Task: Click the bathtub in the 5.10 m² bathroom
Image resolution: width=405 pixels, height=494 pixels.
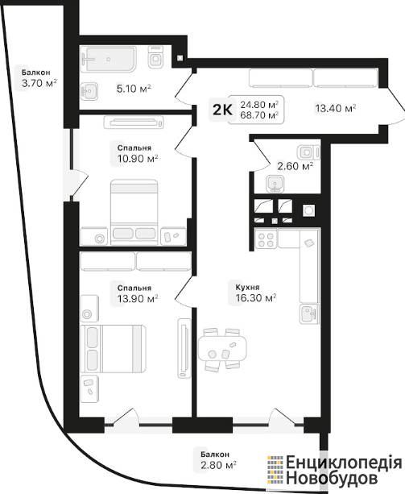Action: [109, 59]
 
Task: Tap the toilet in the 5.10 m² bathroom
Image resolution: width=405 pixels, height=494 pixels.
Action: [155, 57]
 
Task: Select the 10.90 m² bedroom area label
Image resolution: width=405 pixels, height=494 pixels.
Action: [138, 153]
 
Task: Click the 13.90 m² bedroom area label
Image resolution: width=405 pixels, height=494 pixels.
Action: [138, 293]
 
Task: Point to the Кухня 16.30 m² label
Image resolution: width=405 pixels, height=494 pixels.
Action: [256, 293]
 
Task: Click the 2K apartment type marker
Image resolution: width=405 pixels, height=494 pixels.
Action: [222, 110]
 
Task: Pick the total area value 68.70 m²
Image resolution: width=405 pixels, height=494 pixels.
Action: [259, 115]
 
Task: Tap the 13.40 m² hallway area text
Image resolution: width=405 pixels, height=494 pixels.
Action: [336, 108]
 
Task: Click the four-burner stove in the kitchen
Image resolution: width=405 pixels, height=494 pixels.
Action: [266, 239]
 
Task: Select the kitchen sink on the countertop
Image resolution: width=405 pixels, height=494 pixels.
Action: [309, 313]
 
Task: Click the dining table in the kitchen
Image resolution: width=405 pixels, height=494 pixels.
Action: [222, 349]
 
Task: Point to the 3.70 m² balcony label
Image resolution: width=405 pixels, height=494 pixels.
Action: [39, 79]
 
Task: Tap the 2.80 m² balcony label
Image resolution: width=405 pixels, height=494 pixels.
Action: [218, 459]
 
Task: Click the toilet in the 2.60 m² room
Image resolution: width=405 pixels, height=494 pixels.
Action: [308, 153]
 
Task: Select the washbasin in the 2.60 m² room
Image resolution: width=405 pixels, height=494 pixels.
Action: [275, 184]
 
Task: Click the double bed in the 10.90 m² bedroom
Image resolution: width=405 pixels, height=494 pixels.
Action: [134, 212]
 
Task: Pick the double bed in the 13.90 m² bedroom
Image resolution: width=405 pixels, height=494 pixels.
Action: [114, 349]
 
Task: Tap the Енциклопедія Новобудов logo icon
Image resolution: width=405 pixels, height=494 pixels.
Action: [275, 470]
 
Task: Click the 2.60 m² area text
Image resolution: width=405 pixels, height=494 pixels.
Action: [295, 166]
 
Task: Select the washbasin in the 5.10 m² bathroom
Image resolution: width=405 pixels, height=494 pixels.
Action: [89, 91]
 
